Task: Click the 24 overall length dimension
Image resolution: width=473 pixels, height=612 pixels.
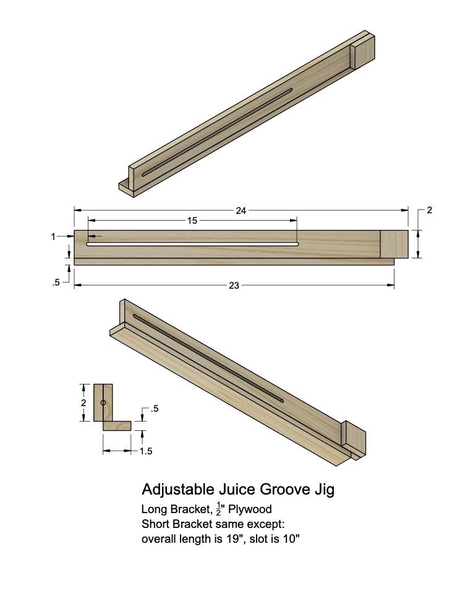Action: pyautogui.click(x=241, y=211)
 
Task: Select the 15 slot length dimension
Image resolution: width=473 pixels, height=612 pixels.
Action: pyautogui.click(x=192, y=221)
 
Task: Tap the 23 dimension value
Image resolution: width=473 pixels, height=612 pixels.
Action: pyautogui.click(x=234, y=286)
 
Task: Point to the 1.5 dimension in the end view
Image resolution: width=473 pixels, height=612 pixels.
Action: pyautogui.click(x=145, y=451)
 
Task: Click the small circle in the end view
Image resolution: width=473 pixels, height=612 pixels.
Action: pyautogui.click(x=103, y=403)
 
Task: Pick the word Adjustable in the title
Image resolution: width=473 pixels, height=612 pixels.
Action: pyautogui.click(x=177, y=490)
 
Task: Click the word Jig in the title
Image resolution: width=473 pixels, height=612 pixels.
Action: pyautogui.click(x=324, y=490)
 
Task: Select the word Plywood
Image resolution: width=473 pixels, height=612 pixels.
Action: pyautogui.click(x=250, y=510)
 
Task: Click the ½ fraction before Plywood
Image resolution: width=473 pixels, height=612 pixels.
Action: pyautogui.click(x=218, y=509)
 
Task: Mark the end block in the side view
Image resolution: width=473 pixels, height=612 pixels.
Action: pyautogui.click(x=394, y=244)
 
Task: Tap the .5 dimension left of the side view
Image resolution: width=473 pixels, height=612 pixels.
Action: pyautogui.click(x=56, y=283)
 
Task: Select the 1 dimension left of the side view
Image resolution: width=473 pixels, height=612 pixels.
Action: pyautogui.click(x=54, y=236)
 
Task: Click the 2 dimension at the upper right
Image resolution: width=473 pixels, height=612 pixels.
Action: pyautogui.click(x=429, y=210)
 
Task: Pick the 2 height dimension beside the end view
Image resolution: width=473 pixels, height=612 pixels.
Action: pyautogui.click(x=83, y=402)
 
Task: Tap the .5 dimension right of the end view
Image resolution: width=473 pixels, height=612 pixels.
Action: pyautogui.click(x=154, y=409)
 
